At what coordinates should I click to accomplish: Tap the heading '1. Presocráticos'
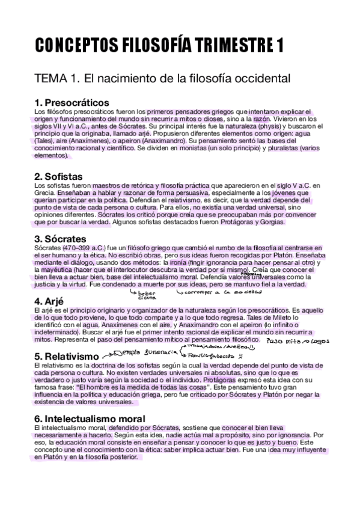pyautogui.click(x=72, y=102)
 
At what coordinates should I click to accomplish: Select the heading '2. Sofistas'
pyautogui.click(x=59, y=176)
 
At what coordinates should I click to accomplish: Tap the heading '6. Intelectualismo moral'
pyautogui.click(x=90, y=419)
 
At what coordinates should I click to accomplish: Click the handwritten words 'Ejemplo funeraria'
pyautogui.click(x=137, y=352)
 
